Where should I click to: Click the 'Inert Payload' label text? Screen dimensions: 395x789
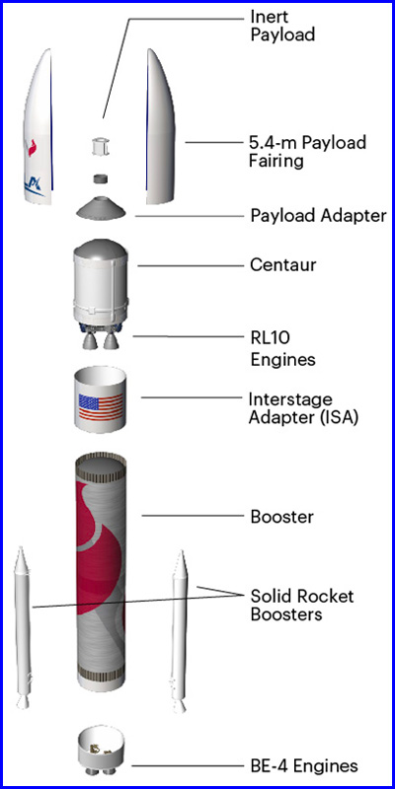[282, 26]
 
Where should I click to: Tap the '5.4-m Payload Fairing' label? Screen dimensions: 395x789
[307, 152]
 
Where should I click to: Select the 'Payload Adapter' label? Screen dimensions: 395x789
[318, 216]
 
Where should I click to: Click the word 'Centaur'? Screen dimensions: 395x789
[282, 264]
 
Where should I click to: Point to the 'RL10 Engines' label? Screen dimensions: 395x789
[282, 349]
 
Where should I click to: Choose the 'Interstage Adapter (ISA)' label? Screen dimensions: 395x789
[303, 408]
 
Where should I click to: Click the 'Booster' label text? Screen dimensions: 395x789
[282, 517]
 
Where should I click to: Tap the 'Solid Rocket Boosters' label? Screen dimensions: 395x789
[302, 606]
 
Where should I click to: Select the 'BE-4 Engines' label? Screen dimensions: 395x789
[304, 766]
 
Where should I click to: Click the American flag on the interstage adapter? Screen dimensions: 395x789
[101, 407]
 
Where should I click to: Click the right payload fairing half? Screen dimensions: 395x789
[161, 127]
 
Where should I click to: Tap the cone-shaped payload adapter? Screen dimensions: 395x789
[101, 207]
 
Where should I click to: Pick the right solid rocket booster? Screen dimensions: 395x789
[180, 631]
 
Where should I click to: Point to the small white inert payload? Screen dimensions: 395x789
[101, 146]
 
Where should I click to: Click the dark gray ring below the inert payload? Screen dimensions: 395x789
[101, 179]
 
